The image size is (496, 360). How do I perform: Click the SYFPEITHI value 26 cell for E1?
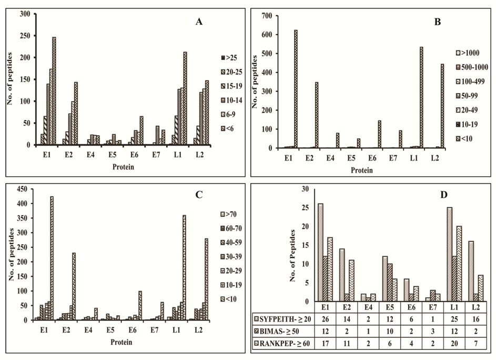321,319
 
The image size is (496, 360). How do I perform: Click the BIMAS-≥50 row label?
278,332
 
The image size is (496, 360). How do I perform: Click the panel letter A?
199,22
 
